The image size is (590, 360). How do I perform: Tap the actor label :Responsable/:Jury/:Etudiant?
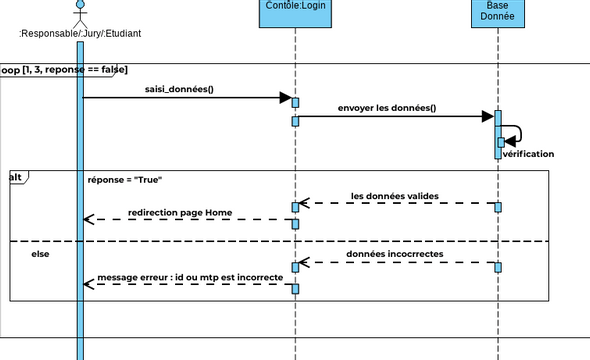click(x=80, y=34)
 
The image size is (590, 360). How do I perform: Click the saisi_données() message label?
click(x=179, y=88)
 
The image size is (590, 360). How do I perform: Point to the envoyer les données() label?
click(x=386, y=107)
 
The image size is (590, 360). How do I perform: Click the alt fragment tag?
click(x=17, y=176)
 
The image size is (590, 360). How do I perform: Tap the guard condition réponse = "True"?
click(x=125, y=180)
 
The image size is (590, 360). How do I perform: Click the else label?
click(x=40, y=254)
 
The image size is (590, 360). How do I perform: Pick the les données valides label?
click(x=394, y=195)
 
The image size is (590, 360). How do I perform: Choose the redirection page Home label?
click(x=180, y=212)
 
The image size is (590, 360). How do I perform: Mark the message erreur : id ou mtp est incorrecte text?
click(x=190, y=277)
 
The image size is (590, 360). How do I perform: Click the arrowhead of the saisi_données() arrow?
click(x=284, y=98)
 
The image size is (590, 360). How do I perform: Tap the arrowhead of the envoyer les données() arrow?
click(x=488, y=117)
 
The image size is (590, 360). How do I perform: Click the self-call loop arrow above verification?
click(x=514, y=134)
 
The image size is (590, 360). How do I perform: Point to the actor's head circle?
click(x=81, y=5)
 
